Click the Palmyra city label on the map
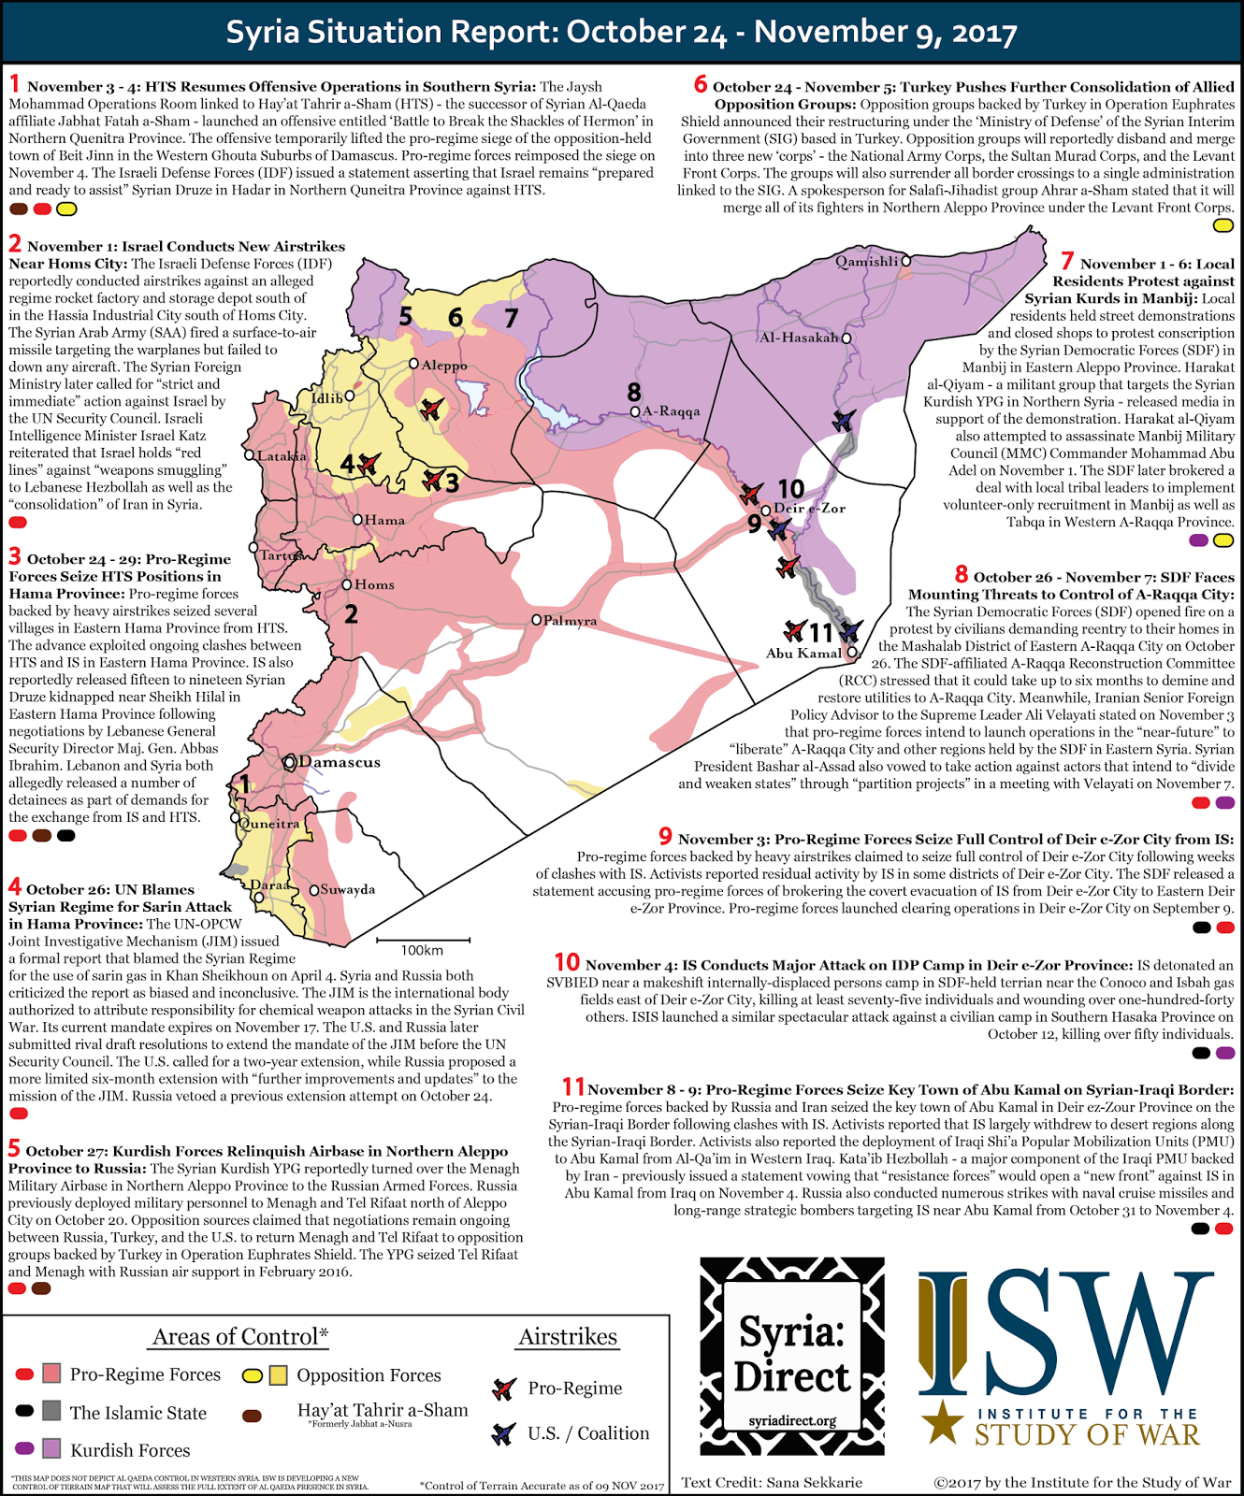point(570,621)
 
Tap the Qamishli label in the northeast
point(867,262)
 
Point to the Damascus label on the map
point(340,762)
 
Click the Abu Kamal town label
point(803,654)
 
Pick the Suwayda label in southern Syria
point(348,889)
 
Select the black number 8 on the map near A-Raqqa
point(634,393)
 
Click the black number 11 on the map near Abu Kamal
point(820,633)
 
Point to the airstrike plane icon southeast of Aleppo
point(431,409)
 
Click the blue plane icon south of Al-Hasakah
point(845,420)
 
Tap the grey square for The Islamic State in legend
point(51,1411)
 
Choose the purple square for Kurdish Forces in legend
point(51,1449)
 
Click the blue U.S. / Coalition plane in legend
point(504,1432)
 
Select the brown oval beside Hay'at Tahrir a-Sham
point(252,1416)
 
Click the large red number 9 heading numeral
point(665,836)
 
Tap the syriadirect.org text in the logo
point(792,1421)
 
